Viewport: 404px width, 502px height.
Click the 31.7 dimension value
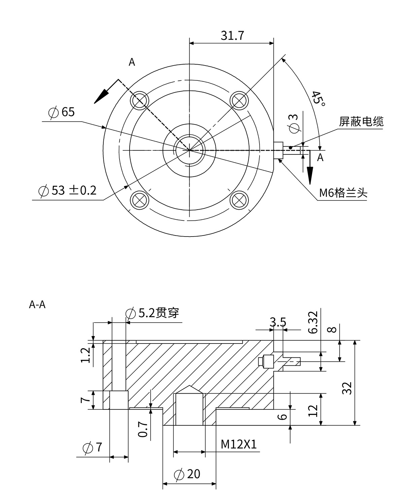[232, 35]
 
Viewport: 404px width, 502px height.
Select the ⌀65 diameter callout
[62, 112]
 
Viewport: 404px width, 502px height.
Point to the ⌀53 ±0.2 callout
[68, 191]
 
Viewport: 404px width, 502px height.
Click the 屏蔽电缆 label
[361, 121]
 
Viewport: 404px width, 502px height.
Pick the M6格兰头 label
[343, 193]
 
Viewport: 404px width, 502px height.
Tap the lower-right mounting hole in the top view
[240, 200]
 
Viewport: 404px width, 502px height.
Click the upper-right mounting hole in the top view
[240, 100]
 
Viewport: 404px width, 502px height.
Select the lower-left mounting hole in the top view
[140, 200]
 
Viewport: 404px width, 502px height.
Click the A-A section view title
[37, 305]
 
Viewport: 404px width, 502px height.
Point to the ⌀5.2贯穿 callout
[152, 313]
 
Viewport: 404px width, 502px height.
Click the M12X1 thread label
[239, 445]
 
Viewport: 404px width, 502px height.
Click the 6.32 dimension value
[313, 322]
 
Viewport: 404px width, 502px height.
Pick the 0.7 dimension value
[143, 429]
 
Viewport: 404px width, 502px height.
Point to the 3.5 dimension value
[278, 322]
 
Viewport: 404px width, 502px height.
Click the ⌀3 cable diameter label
[294, 122]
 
